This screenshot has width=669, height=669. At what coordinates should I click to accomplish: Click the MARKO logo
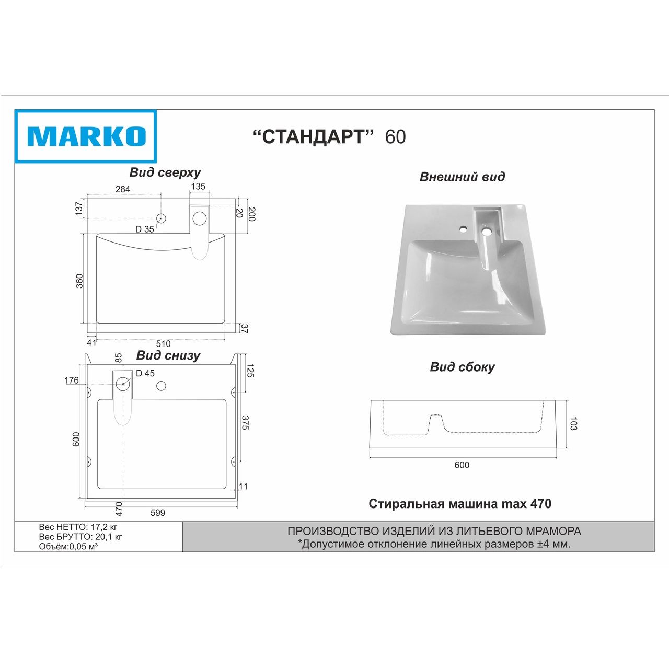(x=85, y=136)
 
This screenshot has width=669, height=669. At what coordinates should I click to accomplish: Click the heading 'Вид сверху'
(x=165, y=173)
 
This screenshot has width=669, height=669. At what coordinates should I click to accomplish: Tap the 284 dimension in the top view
(x=123, y=189)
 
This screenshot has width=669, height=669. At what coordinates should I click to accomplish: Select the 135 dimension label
(x=198, y=187)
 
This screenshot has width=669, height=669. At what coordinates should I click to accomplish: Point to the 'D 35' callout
(x=144, y=229)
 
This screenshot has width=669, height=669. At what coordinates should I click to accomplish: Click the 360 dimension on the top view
(x=79, y=281)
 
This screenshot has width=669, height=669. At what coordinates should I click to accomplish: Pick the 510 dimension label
(x=163, y=344)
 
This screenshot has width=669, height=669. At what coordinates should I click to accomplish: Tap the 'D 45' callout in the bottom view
(x=145, y=373)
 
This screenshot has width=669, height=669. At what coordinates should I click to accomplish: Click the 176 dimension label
(x=72, y=380)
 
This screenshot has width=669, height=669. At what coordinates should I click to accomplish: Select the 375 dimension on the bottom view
(x=245, y=423)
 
